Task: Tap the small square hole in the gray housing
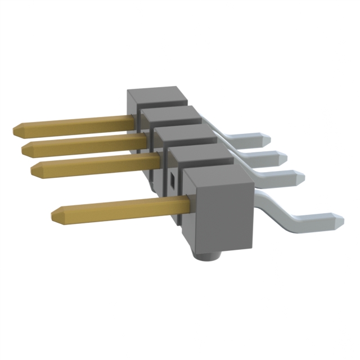[173, 180]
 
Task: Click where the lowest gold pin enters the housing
[183, 200]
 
